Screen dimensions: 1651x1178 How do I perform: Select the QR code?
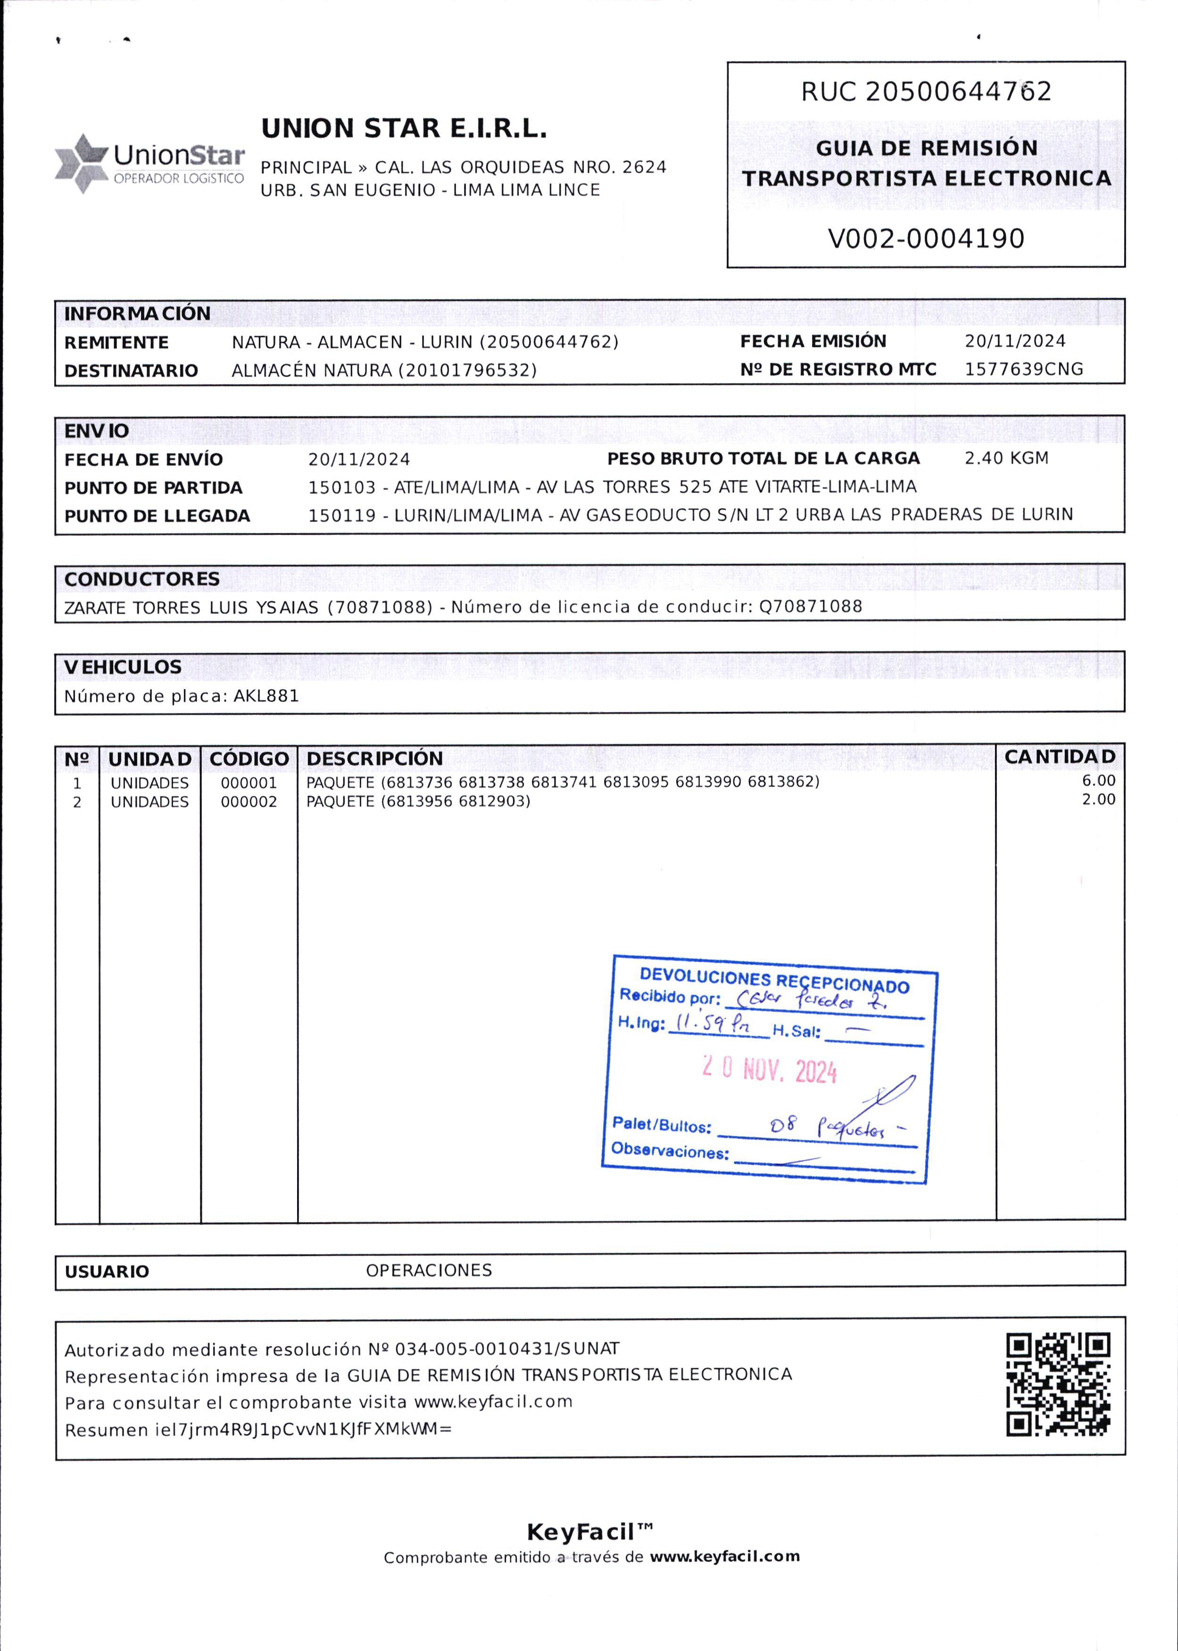(1058, 1385)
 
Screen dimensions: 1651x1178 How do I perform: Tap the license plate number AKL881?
(266, 696)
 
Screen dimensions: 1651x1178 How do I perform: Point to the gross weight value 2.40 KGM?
(1006, 459)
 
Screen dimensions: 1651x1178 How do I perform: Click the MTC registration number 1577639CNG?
(1023, 369)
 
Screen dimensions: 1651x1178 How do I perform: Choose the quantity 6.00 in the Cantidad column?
(1098, 781)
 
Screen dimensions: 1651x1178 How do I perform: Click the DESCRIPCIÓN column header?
(374, 759)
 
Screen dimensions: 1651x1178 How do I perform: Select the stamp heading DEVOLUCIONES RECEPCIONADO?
(774, 981)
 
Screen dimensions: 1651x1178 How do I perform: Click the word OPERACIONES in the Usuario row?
(429, 1271)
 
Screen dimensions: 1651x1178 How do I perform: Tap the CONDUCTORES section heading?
(141, 579)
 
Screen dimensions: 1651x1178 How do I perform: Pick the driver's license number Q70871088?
(810, 607)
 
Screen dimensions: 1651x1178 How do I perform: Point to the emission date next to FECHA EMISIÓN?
(1015, 341)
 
